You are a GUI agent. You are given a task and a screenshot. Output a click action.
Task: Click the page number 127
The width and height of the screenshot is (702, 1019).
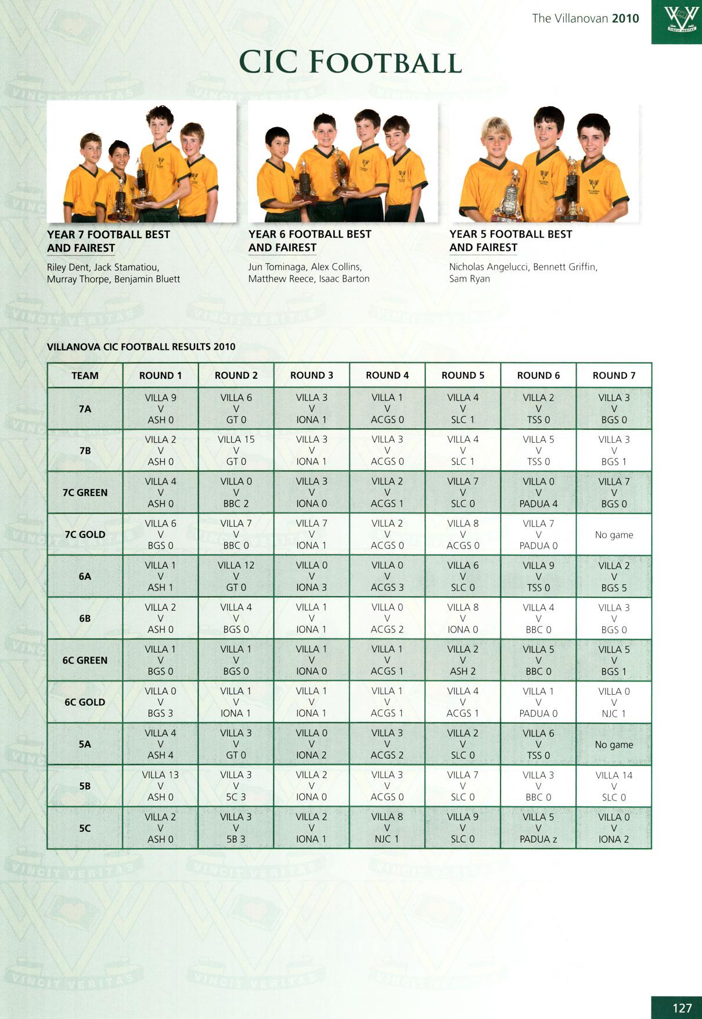tap(682, 1007)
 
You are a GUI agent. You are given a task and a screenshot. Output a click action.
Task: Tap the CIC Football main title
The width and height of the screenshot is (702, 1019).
tap(350, 62)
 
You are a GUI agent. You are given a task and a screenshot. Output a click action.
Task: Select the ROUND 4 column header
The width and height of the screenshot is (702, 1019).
tap(387, 375)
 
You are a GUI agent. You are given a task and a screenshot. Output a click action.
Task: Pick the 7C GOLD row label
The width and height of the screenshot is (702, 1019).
tap(85, 534)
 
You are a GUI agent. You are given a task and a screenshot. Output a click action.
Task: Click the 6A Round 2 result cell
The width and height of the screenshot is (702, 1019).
tap(236, 576)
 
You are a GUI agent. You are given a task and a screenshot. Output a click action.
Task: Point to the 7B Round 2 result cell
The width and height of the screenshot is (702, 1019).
tap(236, 450)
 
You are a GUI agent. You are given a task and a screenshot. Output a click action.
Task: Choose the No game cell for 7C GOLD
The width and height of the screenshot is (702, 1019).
tap(614, 534)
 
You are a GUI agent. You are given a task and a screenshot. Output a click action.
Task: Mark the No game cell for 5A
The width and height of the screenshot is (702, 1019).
tap(614, 744)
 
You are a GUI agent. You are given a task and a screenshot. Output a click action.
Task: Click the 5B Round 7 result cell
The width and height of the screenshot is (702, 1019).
tap(614, 786)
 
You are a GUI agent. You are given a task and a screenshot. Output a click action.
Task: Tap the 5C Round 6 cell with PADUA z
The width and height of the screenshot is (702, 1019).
tap(538, 828)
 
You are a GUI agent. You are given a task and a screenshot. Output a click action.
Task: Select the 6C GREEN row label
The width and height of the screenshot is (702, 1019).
tap(85, 661)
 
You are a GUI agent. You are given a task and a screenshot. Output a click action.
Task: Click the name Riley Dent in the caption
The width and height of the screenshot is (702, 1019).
tap(68, 267)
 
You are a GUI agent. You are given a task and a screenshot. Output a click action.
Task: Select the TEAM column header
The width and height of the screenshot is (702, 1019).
tap(85, 375)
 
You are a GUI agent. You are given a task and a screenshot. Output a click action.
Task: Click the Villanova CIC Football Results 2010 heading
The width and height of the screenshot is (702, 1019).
tap(141, 347)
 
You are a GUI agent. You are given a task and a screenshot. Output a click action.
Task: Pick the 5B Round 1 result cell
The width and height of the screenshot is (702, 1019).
tap(160, 786)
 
